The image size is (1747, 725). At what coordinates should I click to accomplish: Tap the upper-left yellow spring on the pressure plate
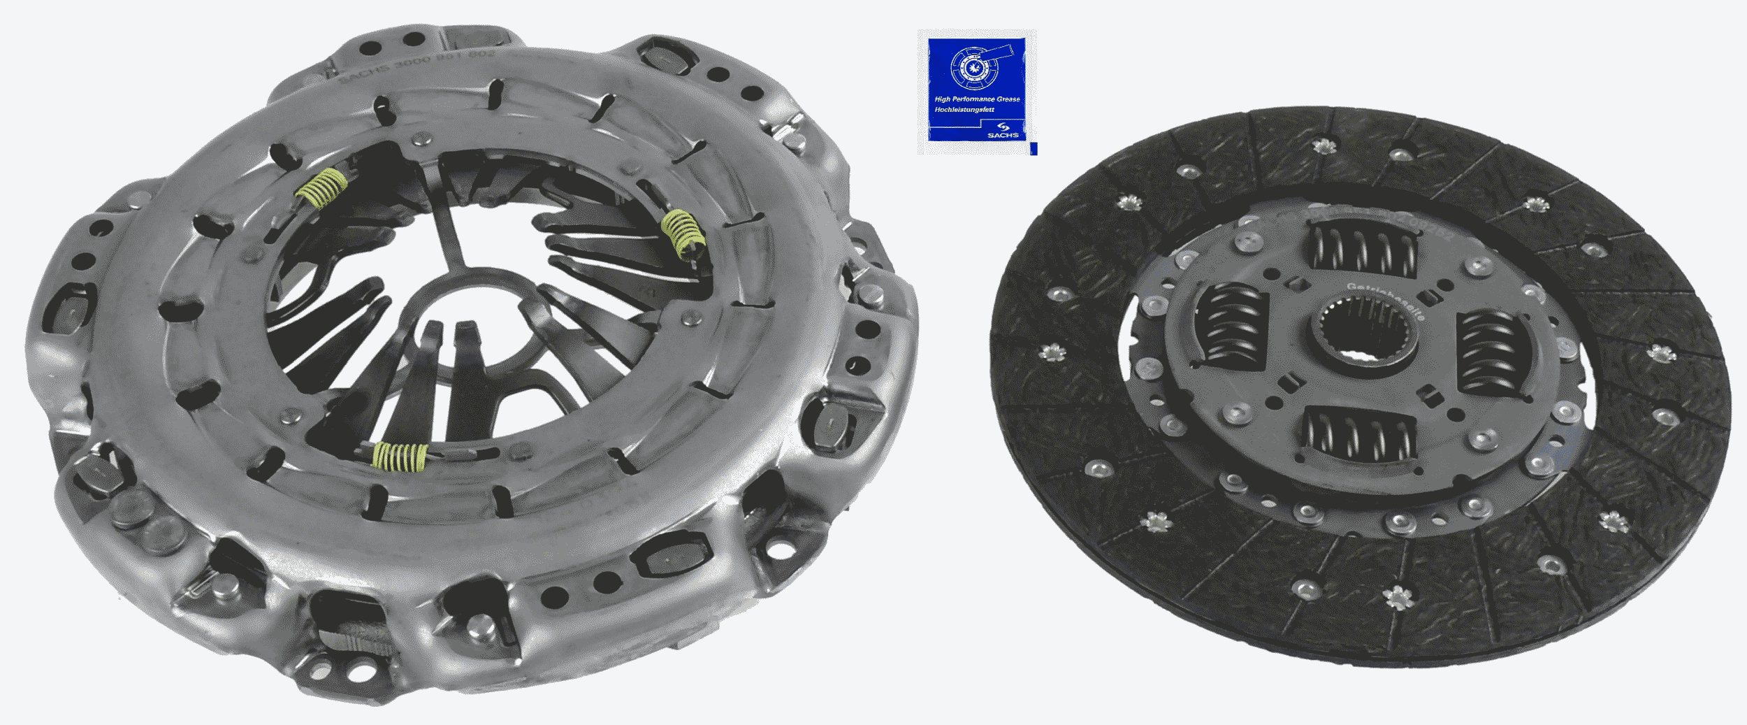coord(322,189)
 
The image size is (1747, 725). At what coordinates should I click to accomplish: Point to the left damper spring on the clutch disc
coord(1232,327)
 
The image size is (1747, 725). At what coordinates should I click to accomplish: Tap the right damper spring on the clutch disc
coord(1489,354)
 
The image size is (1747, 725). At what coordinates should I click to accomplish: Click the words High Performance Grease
coord(977,99)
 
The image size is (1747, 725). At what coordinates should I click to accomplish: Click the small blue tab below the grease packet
coord(1034,148)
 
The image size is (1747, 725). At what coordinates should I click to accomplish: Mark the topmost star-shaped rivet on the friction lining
coord(1321,146)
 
